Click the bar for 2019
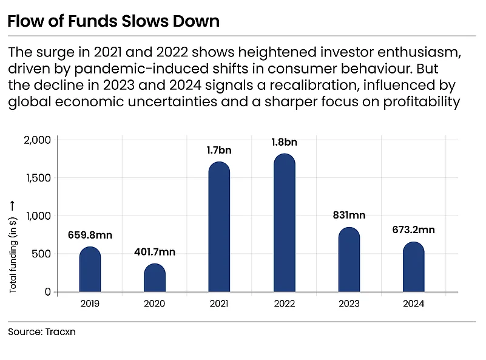pos(90,269)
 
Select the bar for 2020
pos(155,277)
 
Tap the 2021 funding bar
pos(219,226)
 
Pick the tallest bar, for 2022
pos(285,223)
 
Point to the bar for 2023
pos(349,260)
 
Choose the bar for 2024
pos(413,267)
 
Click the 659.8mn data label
pos(90,235)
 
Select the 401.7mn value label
pos(155,252)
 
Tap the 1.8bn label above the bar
pos(284,142)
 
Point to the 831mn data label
pos(349,215)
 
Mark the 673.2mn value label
pos(413,229)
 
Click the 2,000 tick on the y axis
pos(37,140)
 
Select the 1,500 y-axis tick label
pos(38,178)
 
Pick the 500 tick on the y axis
pos(41,254)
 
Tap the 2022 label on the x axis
pos(284,304)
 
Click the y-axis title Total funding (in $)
pos(12,255)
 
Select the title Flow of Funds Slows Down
pos(113,21)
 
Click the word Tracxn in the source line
pos(61,332)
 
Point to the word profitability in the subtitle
pos(422,102)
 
